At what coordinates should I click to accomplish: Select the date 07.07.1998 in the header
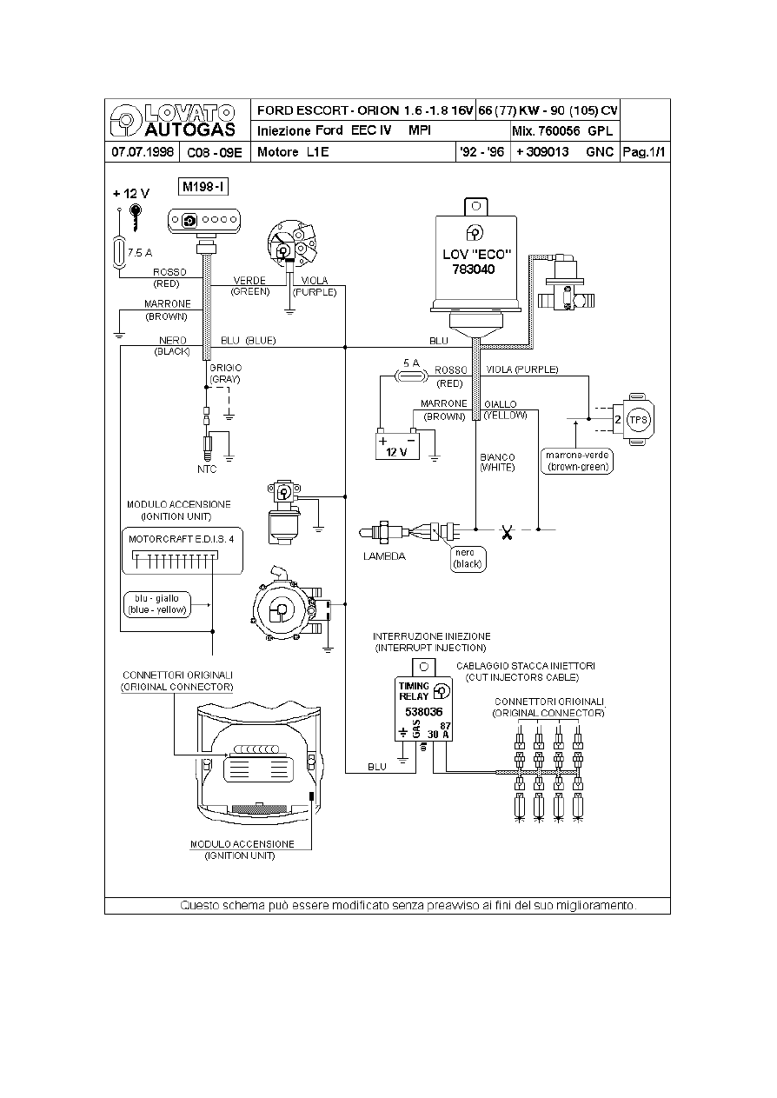coord(142,152)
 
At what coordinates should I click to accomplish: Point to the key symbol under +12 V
coord(136,215)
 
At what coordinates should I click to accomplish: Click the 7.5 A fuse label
coord(140,253)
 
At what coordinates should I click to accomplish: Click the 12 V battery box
coord(397,445)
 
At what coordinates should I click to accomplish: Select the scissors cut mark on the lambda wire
coord(506,529)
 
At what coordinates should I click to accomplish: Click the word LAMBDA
coord(383,556)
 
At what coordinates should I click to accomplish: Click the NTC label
coord(206,469)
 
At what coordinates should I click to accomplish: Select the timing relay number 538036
coord(424,711)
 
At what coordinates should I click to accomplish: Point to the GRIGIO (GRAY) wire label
coord(224,374)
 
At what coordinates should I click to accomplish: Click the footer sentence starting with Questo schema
coord(408,905)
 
